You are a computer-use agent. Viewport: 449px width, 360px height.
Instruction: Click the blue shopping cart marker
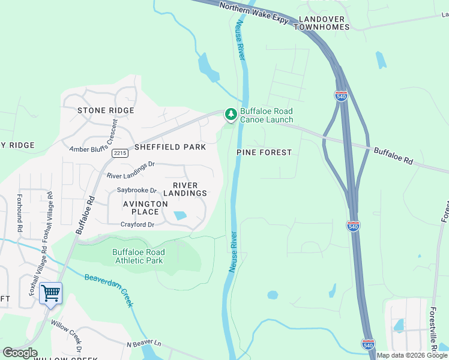(51, 294)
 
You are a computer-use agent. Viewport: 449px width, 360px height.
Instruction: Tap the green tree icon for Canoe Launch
(231, 114)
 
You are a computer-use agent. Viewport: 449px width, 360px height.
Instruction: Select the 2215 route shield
(119, 153)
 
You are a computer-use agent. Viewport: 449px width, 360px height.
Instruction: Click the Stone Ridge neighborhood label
(106, 110)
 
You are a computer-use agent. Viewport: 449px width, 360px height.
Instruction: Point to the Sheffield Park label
(170, 147)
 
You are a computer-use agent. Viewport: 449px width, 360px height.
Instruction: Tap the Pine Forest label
(264, 152)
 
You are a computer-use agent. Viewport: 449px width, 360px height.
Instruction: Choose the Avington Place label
(145, 208)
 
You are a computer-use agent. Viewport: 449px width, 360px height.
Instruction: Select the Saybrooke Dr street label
(136, 190)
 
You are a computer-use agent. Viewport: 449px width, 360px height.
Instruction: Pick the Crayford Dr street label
(137, 224)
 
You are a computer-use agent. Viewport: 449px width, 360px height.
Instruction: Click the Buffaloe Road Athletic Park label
(138, 256)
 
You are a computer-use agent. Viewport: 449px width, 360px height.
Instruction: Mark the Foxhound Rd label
(19, 212)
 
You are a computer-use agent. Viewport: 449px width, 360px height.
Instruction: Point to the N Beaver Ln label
(144, 344)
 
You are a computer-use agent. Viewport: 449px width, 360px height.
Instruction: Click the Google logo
(20, 353)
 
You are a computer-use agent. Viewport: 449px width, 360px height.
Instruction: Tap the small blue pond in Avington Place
(179, 215)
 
